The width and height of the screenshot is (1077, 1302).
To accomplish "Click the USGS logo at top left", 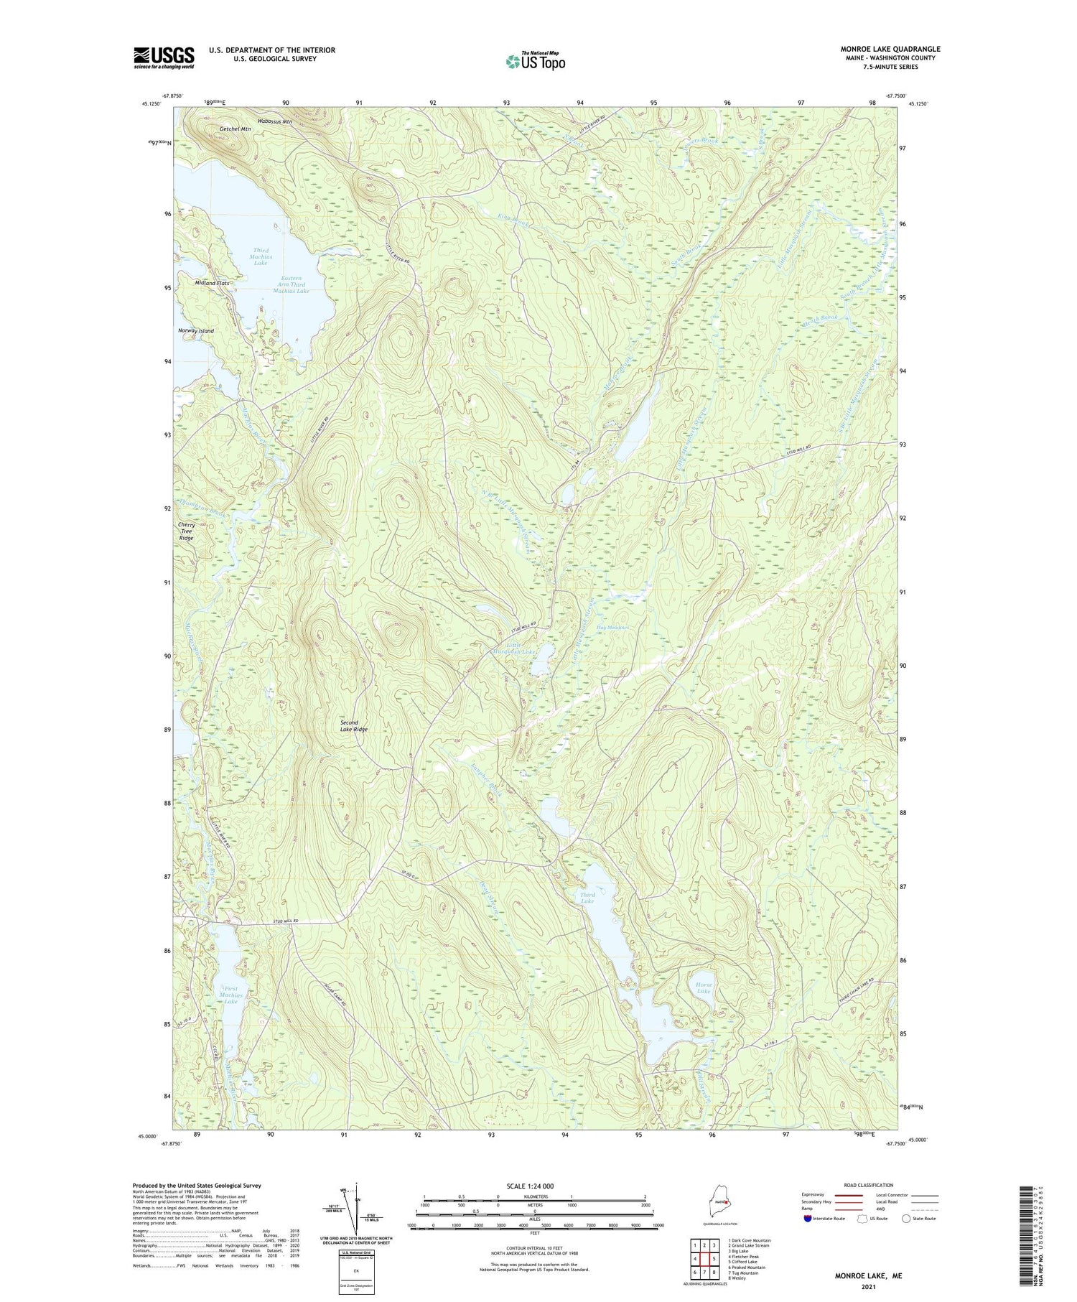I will pyautogui.click(x=164, y=57).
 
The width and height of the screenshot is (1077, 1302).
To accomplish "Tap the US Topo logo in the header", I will pyautogui.click(x=535, y=61).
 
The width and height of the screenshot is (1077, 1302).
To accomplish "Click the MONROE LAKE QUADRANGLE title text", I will pyautogui.click(x=890, y=49).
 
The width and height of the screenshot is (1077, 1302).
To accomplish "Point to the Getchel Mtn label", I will pyautogui.click(x=236, y=129).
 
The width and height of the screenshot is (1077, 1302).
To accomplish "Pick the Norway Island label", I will pyautogui.click(x=196, y=331).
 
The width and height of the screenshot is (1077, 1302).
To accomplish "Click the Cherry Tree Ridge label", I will pyautogui.click(x=186, y=531).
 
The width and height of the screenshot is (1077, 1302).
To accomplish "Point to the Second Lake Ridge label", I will pyautogui.click(x=353, y=725).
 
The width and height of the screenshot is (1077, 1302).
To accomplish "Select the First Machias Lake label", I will pyautogui.click(x=231, y=995).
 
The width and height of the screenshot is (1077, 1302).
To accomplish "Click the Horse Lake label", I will pyautogui.click(x=703, y=987).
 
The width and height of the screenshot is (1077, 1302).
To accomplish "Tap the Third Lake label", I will pyautogui.click(x=587, y=898).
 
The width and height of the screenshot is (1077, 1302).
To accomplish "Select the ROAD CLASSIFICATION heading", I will pyautogui.click(x=869, y=1185).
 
